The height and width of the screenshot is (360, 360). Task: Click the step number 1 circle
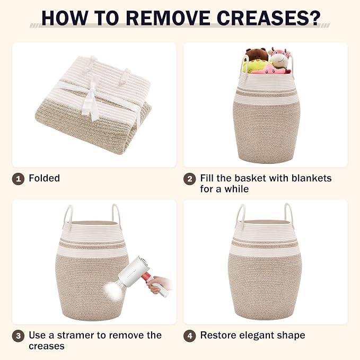coord(18,179)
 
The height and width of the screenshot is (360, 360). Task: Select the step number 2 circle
coord(189,179)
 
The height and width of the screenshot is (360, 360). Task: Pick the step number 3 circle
coord(18,336)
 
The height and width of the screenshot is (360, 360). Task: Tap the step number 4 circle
coord(189,336)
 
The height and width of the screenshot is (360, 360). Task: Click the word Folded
coord(45,178)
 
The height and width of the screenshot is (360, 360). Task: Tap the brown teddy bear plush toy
coord(257,55)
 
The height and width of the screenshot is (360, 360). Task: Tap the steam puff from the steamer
coord(113,291)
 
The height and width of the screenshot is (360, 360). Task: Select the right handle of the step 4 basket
coord(289,214)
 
